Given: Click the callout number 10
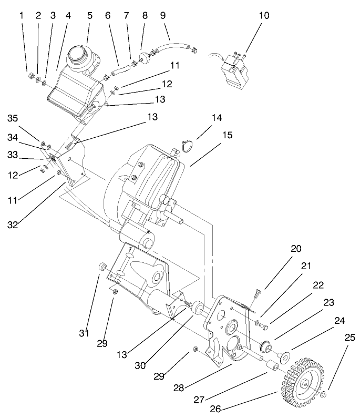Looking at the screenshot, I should tap(264, 15).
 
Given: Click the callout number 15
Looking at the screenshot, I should tap(228, 135).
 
